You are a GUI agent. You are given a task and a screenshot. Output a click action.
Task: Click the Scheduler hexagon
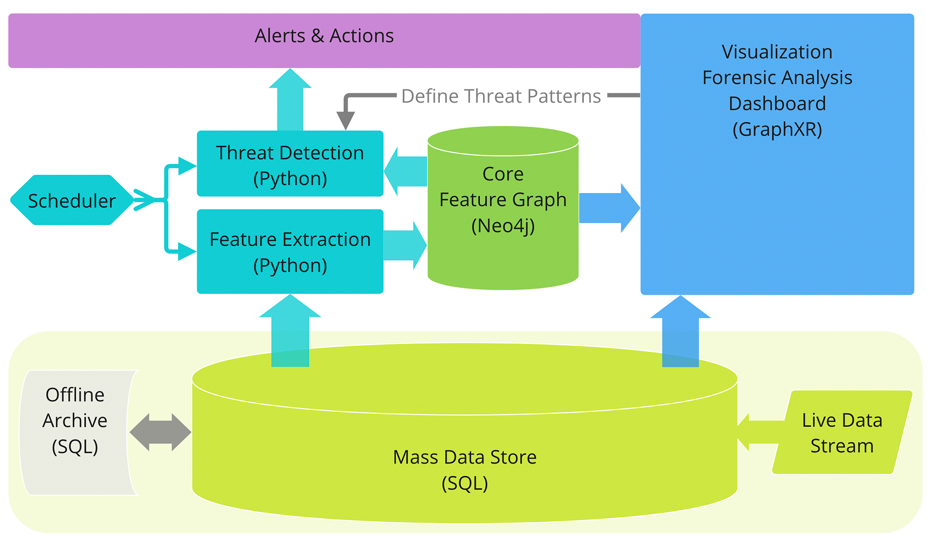[x=72, y=200]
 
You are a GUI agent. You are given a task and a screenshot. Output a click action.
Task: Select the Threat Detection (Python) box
[x=290, y=164]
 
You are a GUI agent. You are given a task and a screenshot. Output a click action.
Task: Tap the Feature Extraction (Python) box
[x=290, y=252]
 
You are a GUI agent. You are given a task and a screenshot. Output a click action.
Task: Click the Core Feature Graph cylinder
[x=503, y=208]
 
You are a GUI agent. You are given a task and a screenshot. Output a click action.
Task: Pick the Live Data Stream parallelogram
[x=842, y=433]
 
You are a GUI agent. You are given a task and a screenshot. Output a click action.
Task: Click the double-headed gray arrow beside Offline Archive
[x=160, y=432]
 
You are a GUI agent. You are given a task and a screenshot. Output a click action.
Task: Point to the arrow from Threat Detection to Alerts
[x=290, y=102]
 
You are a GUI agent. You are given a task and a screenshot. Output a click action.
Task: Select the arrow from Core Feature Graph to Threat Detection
[x=406, y=171]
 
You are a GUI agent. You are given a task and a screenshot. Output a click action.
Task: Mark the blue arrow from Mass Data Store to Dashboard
[x=680, y=333]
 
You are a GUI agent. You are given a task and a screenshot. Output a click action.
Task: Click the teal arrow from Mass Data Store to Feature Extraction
[x=290, y=333]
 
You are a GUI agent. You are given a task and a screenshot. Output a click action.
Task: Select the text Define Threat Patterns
[x=501, y=96]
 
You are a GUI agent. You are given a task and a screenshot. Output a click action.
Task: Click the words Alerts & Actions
[x=324, y=36]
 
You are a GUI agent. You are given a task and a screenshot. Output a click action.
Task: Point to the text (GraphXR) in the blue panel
[x=777, y=130]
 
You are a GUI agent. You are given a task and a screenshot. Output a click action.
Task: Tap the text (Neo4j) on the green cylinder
[x=503, y=226]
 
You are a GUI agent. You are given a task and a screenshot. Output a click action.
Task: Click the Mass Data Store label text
[x=464, y=457]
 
